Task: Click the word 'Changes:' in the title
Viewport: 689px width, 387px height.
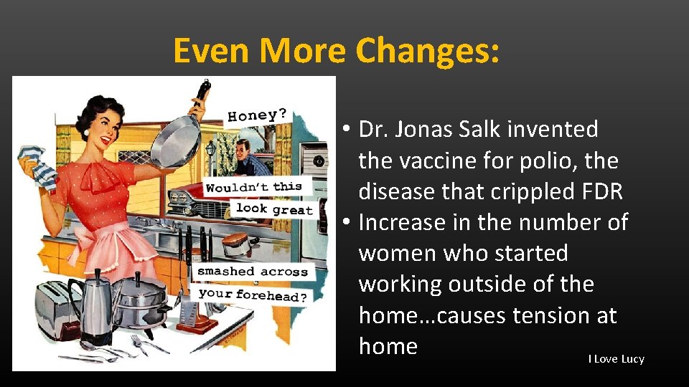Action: point(428,51)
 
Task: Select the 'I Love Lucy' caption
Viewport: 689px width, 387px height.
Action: point(616,359)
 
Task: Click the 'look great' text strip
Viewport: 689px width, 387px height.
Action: point(274,209)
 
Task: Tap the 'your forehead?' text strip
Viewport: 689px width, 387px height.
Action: point(252,294)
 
